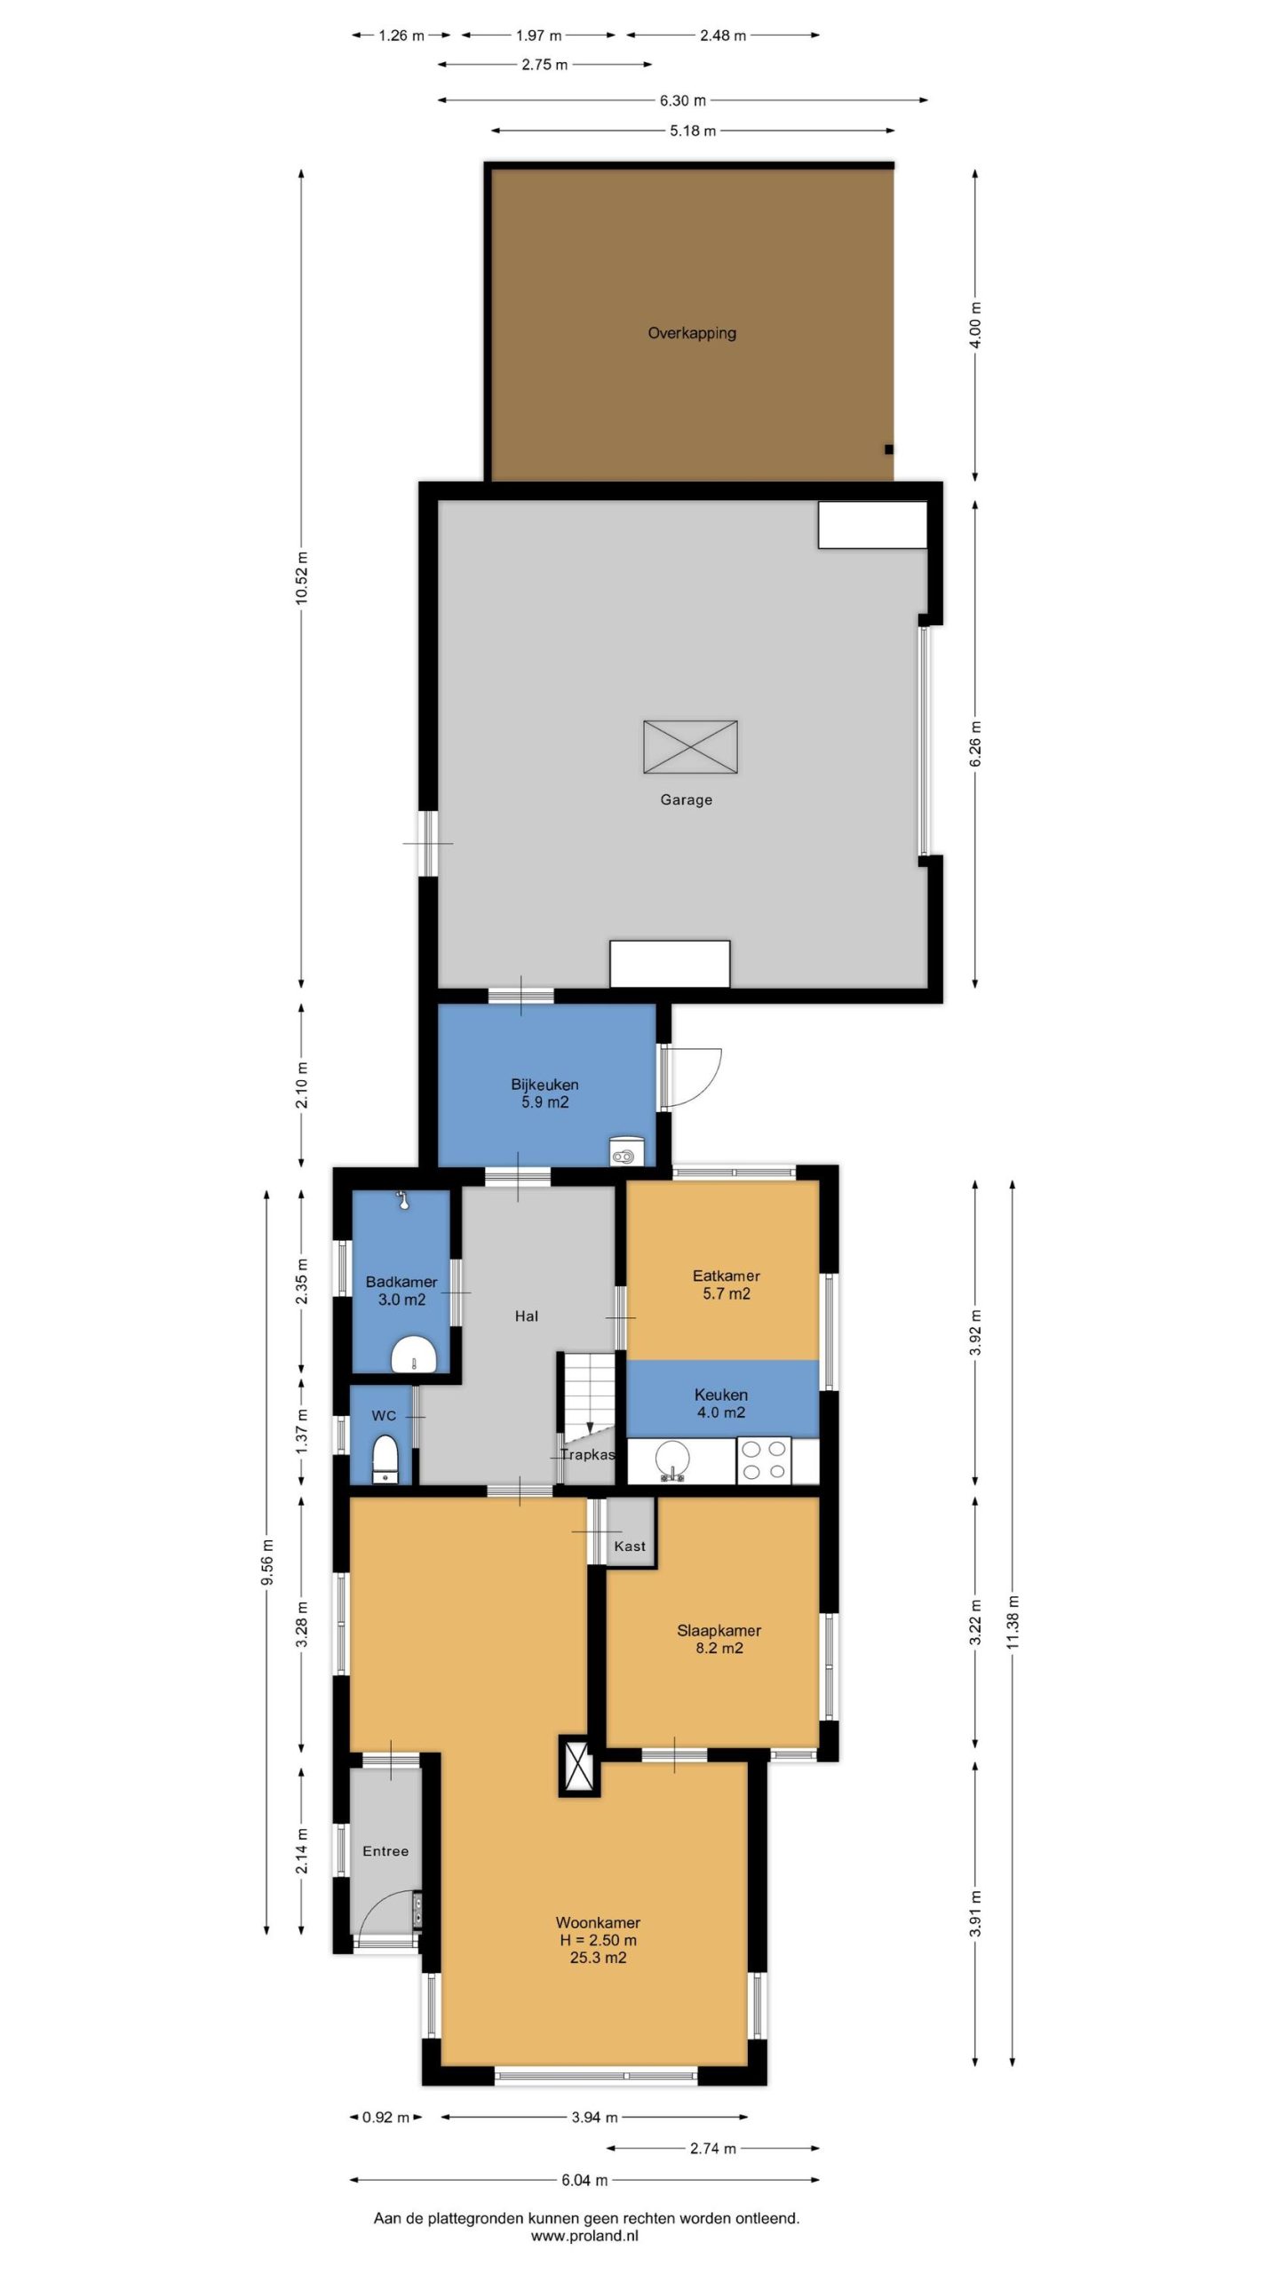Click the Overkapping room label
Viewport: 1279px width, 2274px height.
pyautogui.click(x=692, y=333)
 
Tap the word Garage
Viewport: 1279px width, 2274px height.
pyautogui.click(x=686, y=799)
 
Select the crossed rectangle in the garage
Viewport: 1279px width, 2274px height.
pyautogui.click(x=690, y=747)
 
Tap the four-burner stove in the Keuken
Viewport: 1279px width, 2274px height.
pyautogui.click(x=764, y=1460)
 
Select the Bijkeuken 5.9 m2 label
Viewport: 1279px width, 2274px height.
pyautogui.click(x=544, y=1093)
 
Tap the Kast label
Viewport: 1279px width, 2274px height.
pyautogui.click(x=630, y=1546)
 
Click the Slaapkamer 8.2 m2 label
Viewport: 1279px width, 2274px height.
pyautogui.click(x=719, y=1639)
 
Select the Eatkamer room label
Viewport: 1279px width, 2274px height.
pyautogui.click(x=726, y=1276)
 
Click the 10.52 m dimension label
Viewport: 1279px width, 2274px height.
pyautogui.click(x=302, y=578)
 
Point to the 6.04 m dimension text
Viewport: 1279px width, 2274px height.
pyautogui.click(x=584, y=2180)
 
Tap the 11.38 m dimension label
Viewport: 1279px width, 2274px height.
pyautogui.click(x=1013, y=1622)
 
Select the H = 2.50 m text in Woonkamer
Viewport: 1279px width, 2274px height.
pyautogui.click(x=598, y=1940)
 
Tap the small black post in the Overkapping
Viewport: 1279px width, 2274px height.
pyautogui.click(x=888, y=449)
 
